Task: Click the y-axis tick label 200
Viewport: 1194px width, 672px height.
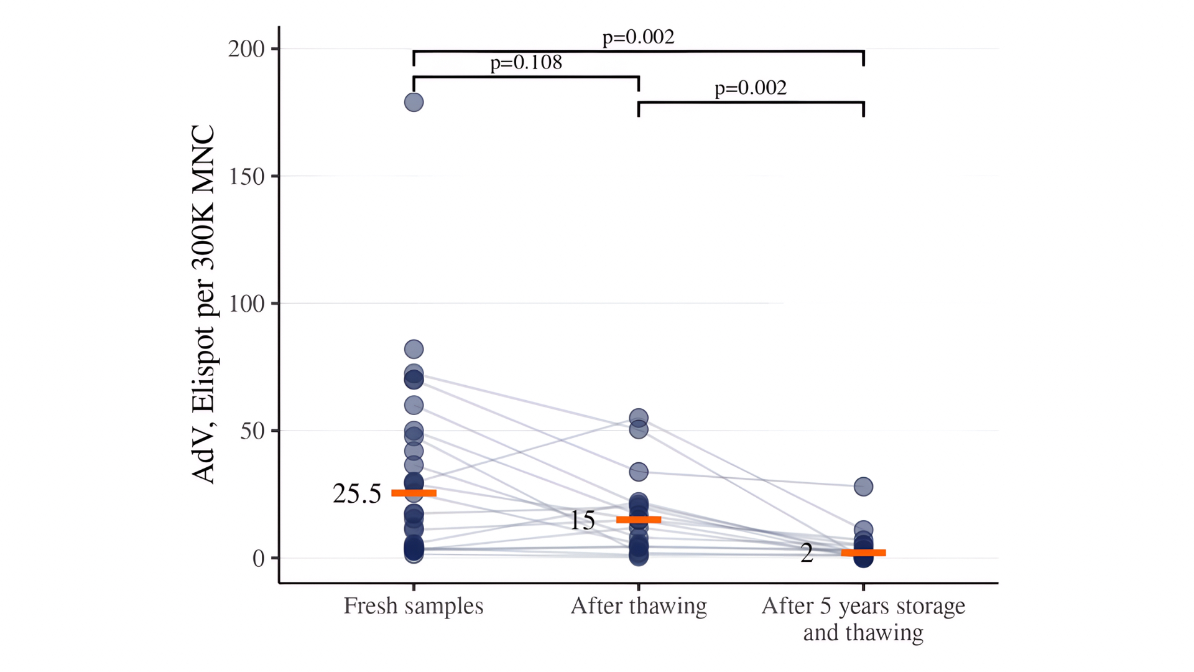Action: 246,49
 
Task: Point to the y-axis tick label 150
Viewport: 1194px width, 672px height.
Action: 246,177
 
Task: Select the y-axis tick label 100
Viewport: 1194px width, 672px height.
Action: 246,304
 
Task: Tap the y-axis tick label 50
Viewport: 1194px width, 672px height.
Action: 252,431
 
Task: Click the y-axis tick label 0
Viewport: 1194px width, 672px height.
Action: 258,559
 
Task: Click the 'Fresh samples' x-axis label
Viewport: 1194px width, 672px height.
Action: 414,606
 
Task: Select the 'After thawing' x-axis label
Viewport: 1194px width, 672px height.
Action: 639,606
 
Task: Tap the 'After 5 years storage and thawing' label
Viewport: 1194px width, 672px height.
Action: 863,619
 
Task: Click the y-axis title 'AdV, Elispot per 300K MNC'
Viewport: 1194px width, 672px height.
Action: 203,304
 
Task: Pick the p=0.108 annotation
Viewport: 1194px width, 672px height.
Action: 526,62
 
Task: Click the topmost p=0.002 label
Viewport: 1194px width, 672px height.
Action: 638,37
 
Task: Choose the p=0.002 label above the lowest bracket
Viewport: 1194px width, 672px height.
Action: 751,88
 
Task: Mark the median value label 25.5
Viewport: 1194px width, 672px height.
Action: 357,494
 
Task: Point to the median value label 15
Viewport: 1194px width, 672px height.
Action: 583,521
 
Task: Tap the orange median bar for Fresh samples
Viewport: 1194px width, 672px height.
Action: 414,493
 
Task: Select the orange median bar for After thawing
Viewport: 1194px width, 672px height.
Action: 639,520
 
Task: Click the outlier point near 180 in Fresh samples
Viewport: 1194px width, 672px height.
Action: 414,102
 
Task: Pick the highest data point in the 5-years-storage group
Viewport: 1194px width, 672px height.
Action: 863,487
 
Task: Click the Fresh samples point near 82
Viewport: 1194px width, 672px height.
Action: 414,349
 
